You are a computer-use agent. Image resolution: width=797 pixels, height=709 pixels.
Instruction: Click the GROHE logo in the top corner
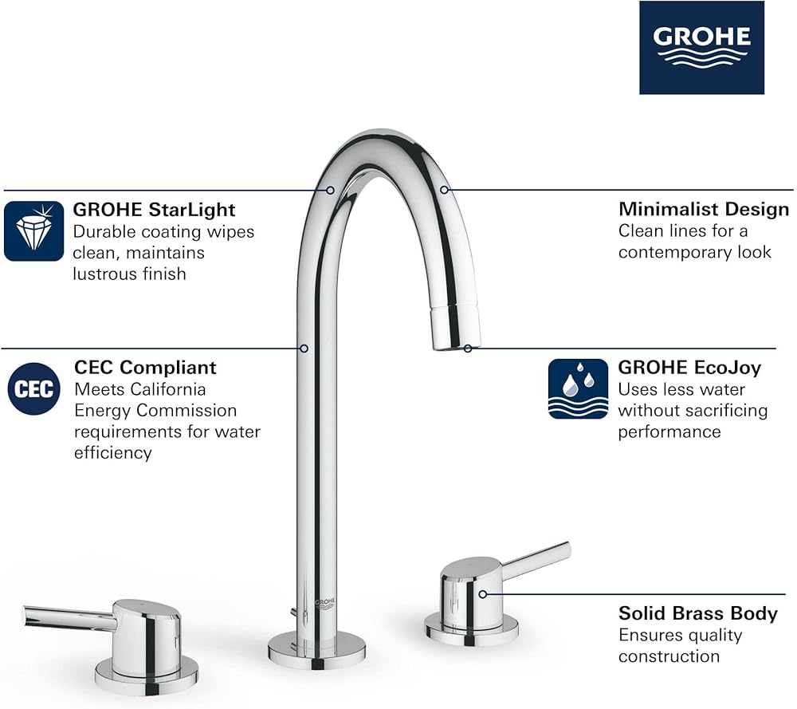[701, 47]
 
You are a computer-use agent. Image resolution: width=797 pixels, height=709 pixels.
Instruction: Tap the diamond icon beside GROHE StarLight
[34, 231]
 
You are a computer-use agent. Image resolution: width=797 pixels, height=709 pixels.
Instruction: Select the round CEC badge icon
[34, 389]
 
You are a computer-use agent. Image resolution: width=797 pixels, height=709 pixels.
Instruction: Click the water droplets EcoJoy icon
[578, 389]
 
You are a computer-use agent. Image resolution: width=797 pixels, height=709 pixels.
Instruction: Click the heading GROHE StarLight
[154, 210]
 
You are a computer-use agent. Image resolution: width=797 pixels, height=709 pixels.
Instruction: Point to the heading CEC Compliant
[145, 367]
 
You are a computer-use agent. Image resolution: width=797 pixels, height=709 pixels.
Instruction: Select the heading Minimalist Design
[704, 209]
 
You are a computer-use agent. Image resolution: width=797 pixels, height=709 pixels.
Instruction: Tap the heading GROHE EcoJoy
[689, 367]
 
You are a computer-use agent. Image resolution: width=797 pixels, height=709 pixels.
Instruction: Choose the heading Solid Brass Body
[698, 613]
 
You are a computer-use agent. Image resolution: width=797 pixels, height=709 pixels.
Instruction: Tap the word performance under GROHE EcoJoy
[669, 431]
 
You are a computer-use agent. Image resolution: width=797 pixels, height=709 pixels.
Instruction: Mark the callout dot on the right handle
[482, 594]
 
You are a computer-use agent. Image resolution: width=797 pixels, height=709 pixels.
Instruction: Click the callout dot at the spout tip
[468, 349]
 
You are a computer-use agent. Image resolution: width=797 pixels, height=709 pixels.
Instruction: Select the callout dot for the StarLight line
[331, 191]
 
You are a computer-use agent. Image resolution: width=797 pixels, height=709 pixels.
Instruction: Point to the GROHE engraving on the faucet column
[325, 603]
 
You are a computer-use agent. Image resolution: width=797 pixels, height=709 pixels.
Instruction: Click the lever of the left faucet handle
[69, 617]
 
